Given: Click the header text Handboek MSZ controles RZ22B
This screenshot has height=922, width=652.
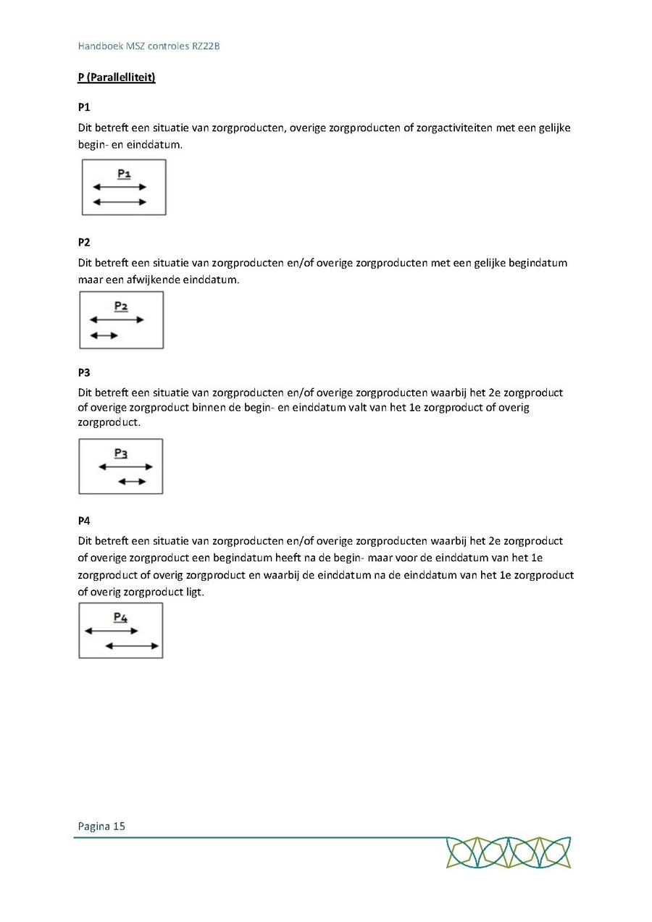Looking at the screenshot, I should point(149,46).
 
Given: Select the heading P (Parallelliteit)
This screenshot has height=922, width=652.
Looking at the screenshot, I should point(117,77).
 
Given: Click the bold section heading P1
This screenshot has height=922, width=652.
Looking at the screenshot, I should point(84,107).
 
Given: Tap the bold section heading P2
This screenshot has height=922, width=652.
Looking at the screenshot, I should point(84,242).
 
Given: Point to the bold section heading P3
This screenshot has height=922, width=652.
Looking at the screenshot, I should point(84,373).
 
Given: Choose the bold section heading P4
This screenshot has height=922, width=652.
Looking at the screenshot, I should point(84,521).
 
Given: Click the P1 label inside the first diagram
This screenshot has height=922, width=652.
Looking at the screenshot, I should point(124,174).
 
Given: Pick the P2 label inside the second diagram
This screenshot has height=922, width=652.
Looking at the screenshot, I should point(121,306).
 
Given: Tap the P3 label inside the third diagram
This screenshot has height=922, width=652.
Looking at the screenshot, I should point(121,453).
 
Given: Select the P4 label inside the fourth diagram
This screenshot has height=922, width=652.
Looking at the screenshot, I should point(120,618).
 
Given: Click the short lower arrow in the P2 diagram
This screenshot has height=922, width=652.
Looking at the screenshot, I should point(104,335).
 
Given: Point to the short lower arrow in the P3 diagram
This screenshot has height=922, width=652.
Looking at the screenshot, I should point(132,482).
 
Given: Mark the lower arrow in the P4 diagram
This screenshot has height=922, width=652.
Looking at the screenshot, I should point(132,645).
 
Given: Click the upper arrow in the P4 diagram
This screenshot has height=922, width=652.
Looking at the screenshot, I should point(111,631).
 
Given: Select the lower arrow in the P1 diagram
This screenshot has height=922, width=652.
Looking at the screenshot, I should point(120,202).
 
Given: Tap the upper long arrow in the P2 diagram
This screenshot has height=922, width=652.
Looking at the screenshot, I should point(116,319).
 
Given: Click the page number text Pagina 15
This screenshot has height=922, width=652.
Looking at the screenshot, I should point(101,826).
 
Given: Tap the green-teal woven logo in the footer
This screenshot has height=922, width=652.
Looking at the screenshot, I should point(509,852).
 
